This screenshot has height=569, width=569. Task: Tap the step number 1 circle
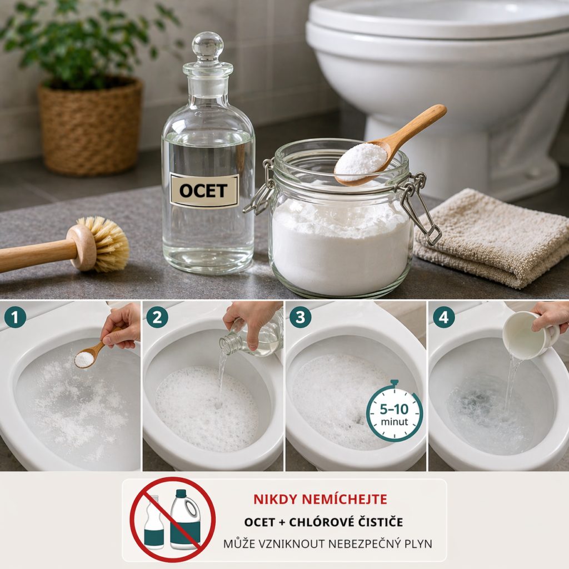(15, 317)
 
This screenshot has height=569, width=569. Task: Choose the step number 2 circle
(157, 317)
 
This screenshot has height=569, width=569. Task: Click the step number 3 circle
(300, 317)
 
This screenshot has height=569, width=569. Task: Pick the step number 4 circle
(443, 317)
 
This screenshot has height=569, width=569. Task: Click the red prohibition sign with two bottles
(173, 520)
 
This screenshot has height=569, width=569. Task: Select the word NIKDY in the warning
(276, 500)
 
